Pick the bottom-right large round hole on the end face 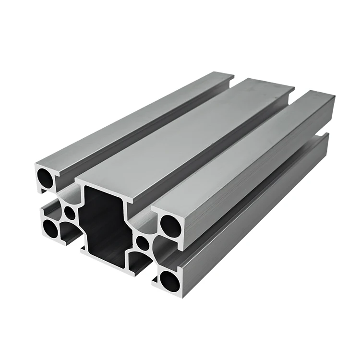(169, 281)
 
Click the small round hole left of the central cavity (70, 212)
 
